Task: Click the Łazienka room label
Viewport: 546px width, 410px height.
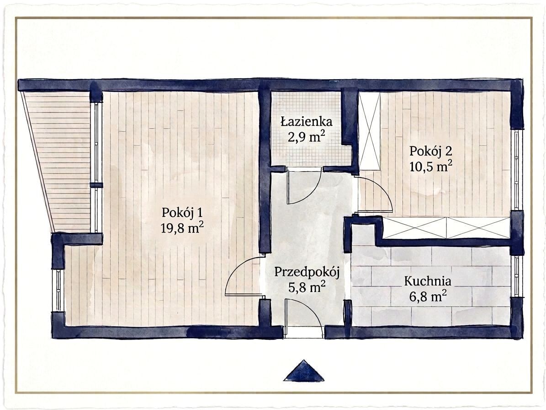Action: point(307,122)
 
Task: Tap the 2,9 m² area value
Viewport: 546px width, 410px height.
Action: point(307,136)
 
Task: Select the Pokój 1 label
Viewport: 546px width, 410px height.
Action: point(182,213)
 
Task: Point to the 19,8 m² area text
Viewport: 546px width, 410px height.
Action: point(182,228)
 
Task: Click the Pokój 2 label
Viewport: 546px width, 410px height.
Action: point(431,151)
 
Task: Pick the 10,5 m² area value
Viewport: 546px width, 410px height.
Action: point(431,166)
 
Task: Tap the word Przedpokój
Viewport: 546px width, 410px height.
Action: point(307,272)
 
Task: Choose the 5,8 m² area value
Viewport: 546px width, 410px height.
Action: point(307,287)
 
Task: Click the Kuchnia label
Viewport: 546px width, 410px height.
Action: point(428,281)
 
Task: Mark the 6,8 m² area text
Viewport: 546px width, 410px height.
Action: point(428,297)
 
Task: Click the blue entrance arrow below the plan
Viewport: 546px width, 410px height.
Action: point(304,371)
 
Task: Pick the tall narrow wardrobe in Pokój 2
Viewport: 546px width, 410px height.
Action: point(370,131)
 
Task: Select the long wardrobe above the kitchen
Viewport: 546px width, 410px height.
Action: point(446,228)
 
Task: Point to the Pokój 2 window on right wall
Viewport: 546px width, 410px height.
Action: point(516,170)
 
